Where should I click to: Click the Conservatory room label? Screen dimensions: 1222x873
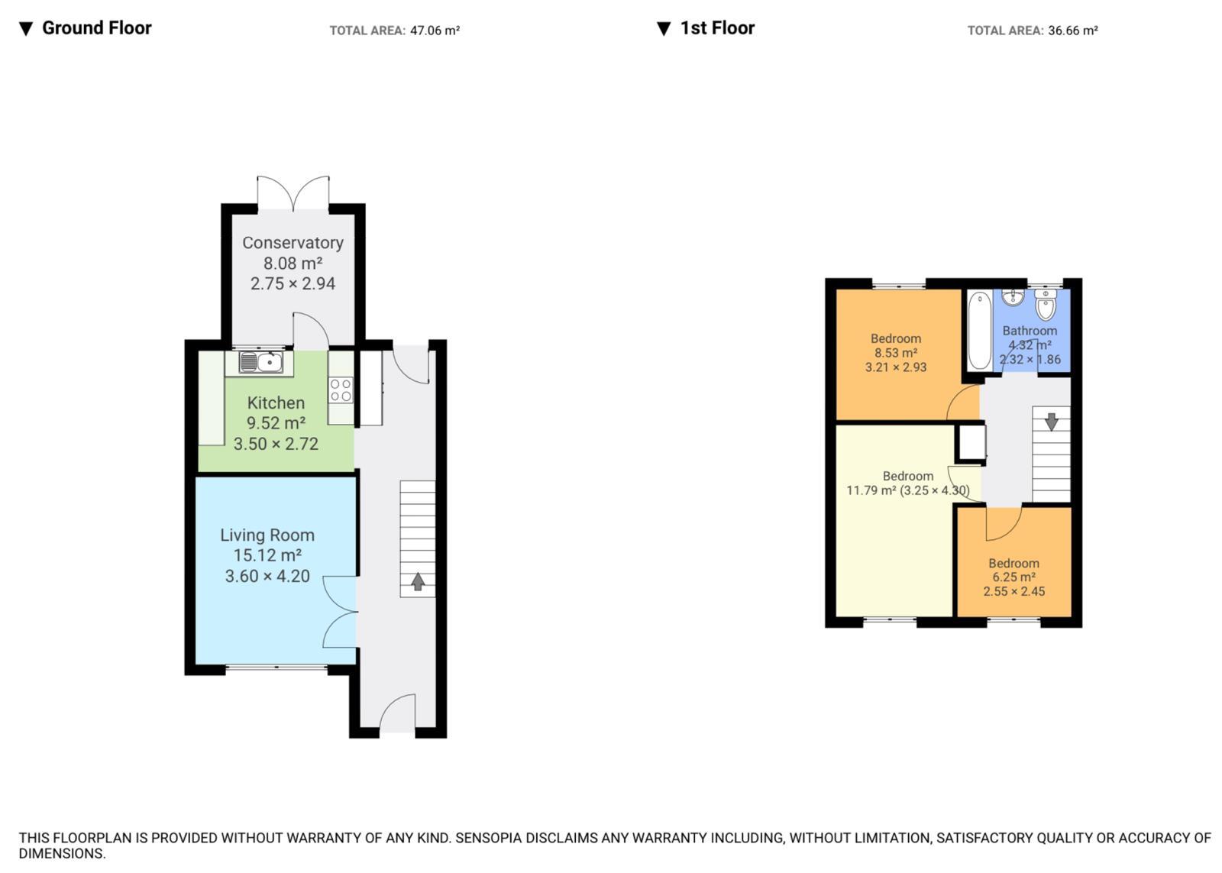pos(293,243)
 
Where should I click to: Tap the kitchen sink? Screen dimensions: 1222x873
pos(260,362)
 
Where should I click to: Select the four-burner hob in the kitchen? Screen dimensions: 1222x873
pos(341,390)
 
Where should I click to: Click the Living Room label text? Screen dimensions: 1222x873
pos(267,535)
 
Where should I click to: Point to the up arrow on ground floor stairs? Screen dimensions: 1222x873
pos(418,582)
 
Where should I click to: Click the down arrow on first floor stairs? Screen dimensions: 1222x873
pos(1052,422)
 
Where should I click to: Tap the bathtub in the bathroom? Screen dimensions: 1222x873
pos(980,331)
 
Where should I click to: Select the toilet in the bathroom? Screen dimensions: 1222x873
pos(1046,305)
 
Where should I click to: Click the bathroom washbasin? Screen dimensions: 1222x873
pos(1013,297)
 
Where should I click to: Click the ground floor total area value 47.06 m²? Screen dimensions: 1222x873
pos(435,31)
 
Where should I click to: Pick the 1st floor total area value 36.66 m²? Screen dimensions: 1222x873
pos(1072,31)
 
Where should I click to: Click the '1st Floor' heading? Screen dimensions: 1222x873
pos(717,27)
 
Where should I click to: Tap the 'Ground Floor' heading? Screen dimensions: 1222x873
pos(96,27)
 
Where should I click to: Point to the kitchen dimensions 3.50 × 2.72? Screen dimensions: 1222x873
pos(276,445)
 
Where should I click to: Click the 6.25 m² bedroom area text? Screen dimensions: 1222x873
pos(1013,577)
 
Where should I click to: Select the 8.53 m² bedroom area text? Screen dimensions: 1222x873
pos(896,353)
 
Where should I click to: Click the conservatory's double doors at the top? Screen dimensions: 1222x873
pos(293,193)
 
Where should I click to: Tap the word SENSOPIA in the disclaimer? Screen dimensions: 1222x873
pos(487,838)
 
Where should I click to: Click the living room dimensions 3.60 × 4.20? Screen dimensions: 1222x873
pos(267,576)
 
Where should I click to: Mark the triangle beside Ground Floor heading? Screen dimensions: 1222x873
pos(26,29)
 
